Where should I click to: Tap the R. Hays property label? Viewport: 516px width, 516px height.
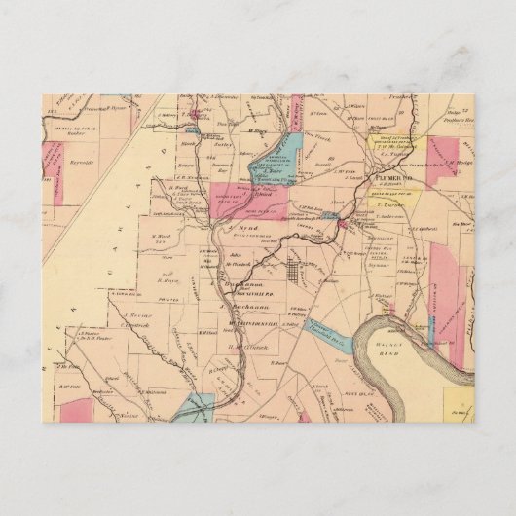click(x=173, y=281)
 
